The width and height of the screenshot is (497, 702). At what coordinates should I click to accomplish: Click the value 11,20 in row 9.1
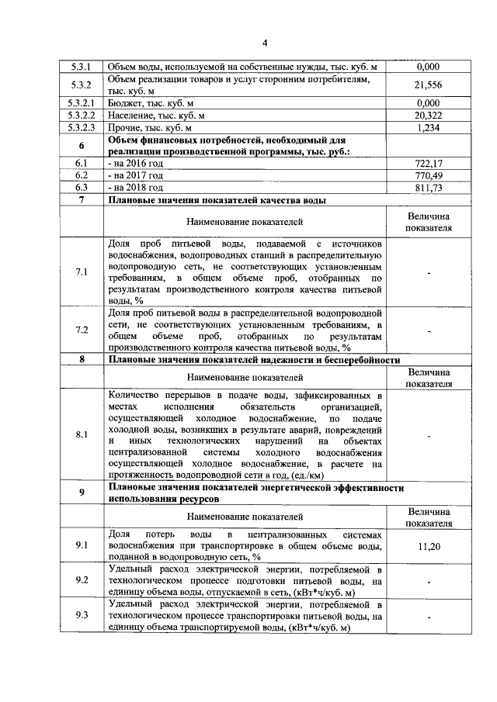(x=429, y=546)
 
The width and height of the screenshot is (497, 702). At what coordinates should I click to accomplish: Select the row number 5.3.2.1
(x=82, y=102)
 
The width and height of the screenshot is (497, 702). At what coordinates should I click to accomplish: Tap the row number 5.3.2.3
(x=82, y=127)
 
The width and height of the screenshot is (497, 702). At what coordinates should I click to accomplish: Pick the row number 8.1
(x=82, y=434)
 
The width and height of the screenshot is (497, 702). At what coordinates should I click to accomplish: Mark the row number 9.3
(x=82, y=616)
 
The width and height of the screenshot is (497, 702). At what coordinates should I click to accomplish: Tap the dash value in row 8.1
(x=429, y=434)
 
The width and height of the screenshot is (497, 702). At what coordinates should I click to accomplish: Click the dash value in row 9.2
(x=429, y=581)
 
